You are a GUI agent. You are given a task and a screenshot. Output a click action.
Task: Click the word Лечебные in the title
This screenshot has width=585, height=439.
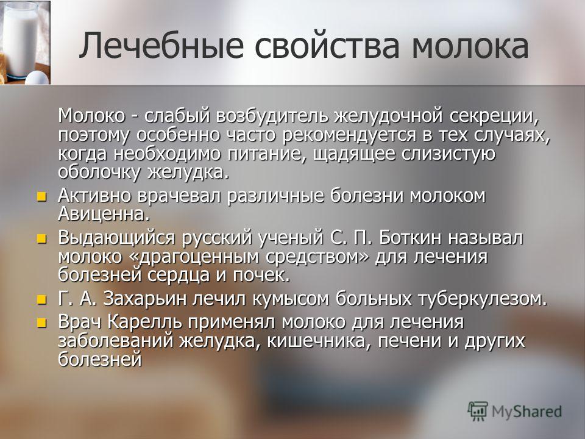(x=161, y=46)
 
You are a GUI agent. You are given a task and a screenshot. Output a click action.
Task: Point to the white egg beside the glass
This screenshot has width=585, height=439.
(x=37, y=78)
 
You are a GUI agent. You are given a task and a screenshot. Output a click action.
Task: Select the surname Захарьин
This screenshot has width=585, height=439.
(x=144, y=299)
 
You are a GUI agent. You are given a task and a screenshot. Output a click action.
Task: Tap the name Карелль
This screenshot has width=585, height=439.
(x=145, y=323)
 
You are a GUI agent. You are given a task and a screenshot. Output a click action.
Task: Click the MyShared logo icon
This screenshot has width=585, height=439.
(x=478, y=411)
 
